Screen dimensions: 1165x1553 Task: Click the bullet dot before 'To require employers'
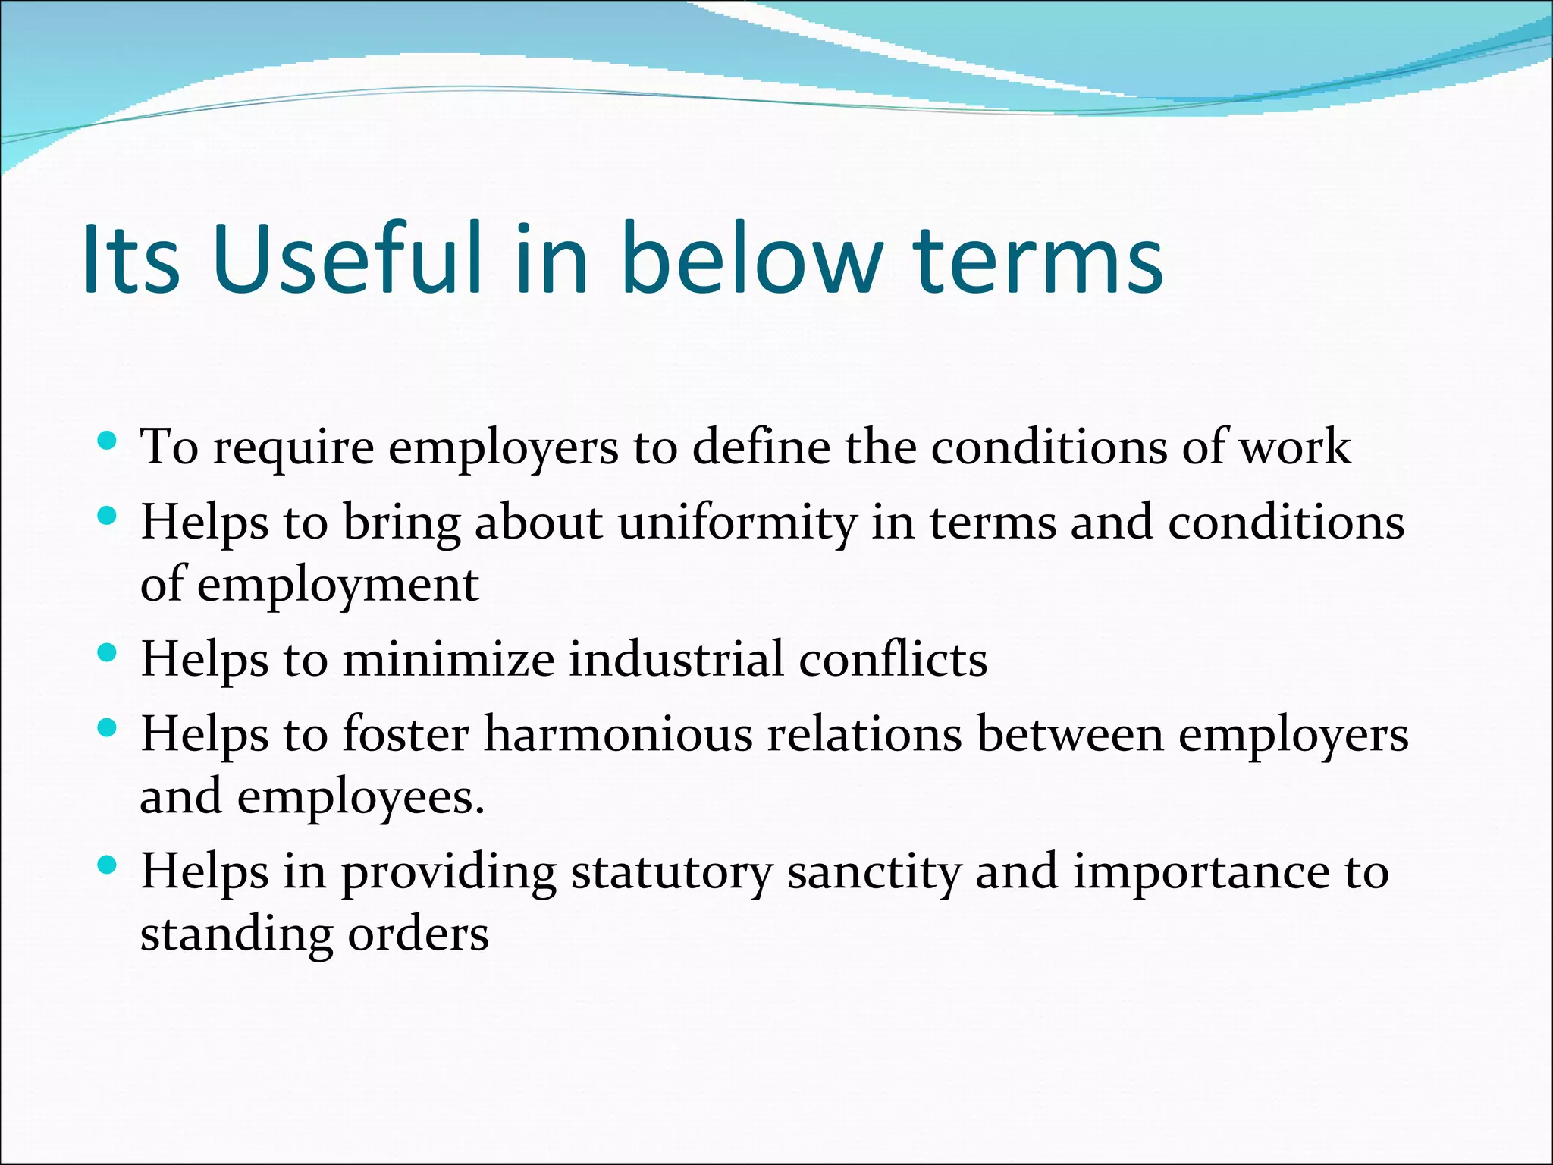(x=108, y=440)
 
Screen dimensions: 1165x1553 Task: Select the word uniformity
(x=737, y=523)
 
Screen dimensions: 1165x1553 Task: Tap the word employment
(x=338, y=586)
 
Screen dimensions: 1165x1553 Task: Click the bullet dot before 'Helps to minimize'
(x=108, y=652)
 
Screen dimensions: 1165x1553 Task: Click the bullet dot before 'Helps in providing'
(x=108, y=865)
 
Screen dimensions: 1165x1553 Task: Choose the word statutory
(x=671, y=872)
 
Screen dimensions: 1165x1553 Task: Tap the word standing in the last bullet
(x=236, y=934)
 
